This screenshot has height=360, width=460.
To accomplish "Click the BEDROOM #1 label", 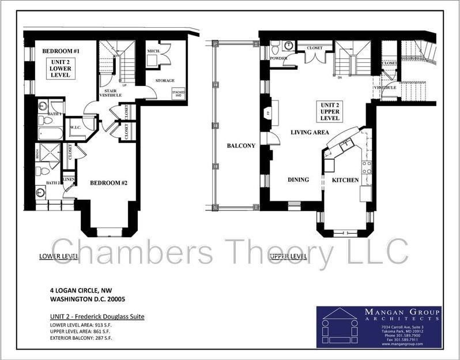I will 61,51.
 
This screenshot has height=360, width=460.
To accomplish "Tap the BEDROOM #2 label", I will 112,183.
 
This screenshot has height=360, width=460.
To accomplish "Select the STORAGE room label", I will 165,81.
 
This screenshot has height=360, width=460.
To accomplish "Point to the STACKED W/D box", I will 178,93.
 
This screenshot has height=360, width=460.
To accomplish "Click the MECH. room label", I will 153,51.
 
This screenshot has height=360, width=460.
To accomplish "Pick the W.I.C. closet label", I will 76,127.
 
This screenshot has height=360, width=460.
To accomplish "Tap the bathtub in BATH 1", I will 51,134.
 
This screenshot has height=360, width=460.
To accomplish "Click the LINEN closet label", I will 68,180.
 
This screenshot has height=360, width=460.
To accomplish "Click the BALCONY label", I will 240,146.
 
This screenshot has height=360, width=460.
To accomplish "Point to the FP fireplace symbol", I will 267,113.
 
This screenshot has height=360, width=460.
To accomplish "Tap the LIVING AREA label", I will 310,133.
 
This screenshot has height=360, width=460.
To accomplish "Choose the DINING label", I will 298,179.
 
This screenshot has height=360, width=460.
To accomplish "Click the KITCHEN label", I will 345,180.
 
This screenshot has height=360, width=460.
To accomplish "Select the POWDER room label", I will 278,58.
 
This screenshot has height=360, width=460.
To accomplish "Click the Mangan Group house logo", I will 340,327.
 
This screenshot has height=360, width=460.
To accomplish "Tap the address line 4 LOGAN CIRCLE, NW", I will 80,290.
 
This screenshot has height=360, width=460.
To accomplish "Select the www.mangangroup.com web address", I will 402,344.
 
